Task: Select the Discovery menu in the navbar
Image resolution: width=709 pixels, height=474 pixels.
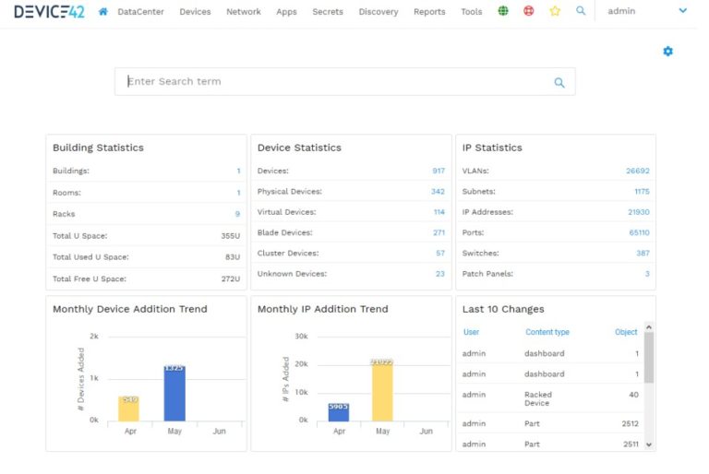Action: click(x=379, y=12)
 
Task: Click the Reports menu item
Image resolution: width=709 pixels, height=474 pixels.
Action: click(x=429, y=12)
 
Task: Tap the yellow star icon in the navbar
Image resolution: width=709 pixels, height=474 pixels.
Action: click(x=555, y=12)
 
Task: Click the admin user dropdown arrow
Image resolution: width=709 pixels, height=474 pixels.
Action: click(x=683, y=11)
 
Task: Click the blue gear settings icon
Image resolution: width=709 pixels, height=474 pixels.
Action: click(x=668, y=52)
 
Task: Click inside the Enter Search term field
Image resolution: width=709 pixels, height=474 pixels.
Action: click(x=332, y=81)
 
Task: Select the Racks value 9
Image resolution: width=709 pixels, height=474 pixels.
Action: click(x=237, y=214)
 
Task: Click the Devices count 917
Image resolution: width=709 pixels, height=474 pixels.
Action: click(x=439, y=171)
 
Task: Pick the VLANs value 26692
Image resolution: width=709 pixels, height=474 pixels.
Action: click(x=638, y=171)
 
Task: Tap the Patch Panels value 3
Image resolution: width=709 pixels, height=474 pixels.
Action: click(x=647, y=274)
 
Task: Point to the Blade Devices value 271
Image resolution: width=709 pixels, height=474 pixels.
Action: click(x=439, y=232)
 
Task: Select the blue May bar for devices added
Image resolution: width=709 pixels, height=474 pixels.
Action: click(x=174, y=394)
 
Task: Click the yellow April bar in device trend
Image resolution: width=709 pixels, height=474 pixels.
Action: click(x=128, y=409)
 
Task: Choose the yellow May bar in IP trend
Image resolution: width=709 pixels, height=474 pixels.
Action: click(x=382, y=391)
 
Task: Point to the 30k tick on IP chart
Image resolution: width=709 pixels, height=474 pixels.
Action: click(x=301, y=337)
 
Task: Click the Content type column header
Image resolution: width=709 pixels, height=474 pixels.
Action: click(x=547, y=332)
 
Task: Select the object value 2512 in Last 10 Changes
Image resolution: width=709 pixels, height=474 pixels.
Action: click(x=630, y=423)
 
